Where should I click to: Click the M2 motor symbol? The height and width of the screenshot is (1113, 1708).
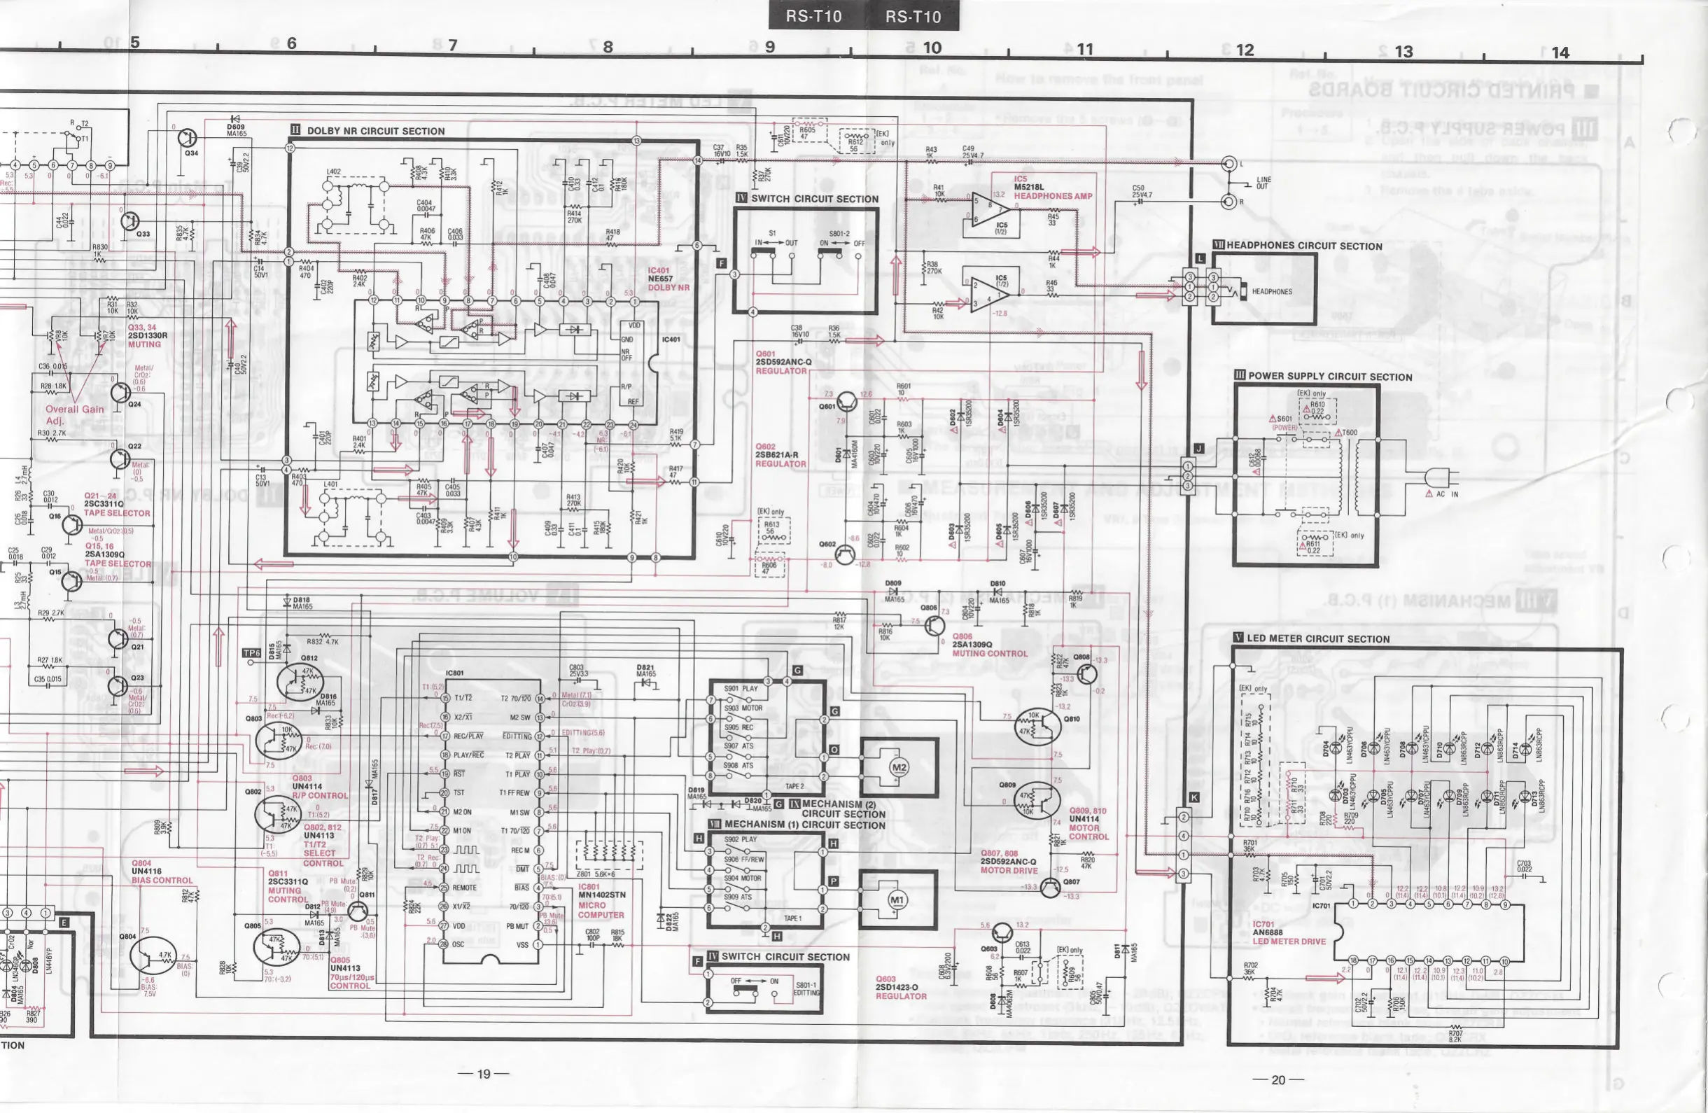point(899,767)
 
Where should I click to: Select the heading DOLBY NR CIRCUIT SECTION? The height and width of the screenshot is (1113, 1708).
point(375,132)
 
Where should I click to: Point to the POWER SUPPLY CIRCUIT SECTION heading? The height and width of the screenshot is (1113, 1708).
point(1330,376)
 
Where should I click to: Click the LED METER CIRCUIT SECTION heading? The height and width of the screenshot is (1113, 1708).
point(1317,638)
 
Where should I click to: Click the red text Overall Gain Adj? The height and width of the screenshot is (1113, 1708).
point(74,415)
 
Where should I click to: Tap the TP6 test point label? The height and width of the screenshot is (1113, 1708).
point(251,653)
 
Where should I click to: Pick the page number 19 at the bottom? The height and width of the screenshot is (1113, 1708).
point(484,1074)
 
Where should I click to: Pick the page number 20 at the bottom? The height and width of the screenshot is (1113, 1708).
point(1278,1079)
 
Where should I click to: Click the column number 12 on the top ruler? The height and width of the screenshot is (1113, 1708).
point(1245,50)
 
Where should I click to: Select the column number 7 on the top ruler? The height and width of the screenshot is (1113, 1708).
point(452,45)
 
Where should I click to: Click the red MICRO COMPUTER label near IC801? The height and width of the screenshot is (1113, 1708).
point(601,910)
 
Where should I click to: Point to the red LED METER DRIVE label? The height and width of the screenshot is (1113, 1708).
point(1289,941)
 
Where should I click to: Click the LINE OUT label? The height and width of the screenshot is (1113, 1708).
point(1263,183)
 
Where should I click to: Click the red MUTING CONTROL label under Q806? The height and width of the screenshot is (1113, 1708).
point(990,654)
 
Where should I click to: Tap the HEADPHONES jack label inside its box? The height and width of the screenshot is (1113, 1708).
point(1272,292)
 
